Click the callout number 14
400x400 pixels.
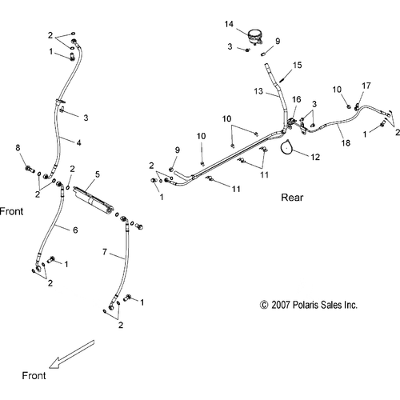click(229, 24)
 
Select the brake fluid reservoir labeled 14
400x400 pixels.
click(254, 37)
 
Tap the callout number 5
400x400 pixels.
click(98, 174)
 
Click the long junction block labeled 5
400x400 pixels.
click(94, 199)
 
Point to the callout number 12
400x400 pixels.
click(315, 157)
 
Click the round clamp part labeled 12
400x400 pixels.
click(286, 147)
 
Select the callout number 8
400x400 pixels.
click(18, 147)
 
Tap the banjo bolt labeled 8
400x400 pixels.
click(30, 169)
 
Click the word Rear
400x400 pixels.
click(292, 198)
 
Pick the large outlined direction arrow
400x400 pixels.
click(72, 354)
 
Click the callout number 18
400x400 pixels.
click(346, 143)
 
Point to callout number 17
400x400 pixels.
click(366, 86)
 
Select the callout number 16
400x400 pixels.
click(296, 99)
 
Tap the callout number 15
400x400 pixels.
click(297, 65)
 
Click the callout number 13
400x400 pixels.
click(258, 91)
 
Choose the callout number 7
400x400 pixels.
click(105, 252)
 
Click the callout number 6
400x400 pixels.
click(75, 230)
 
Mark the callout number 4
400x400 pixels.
click(78, 142)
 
